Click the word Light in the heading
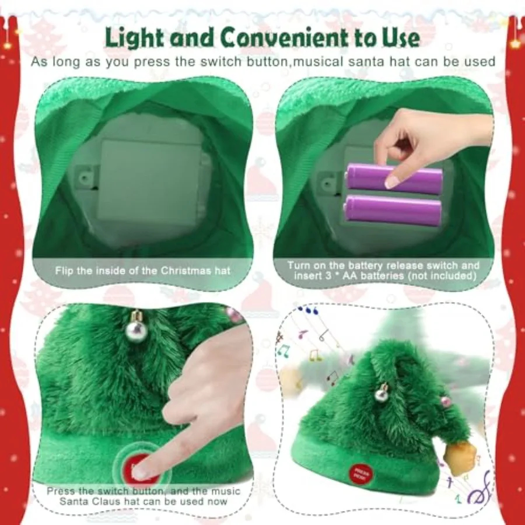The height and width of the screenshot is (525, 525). tap(135, 37)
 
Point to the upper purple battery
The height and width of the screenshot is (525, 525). tap(394, 178)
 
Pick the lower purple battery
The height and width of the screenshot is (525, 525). tap(393, 210)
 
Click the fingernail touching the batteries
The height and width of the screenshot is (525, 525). tap(392, 182)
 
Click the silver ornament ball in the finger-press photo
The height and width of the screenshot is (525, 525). tap(136, 330)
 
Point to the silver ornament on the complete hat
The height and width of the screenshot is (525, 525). tap(381, 394)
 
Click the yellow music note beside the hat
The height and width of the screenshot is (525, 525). tap(315, 355)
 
